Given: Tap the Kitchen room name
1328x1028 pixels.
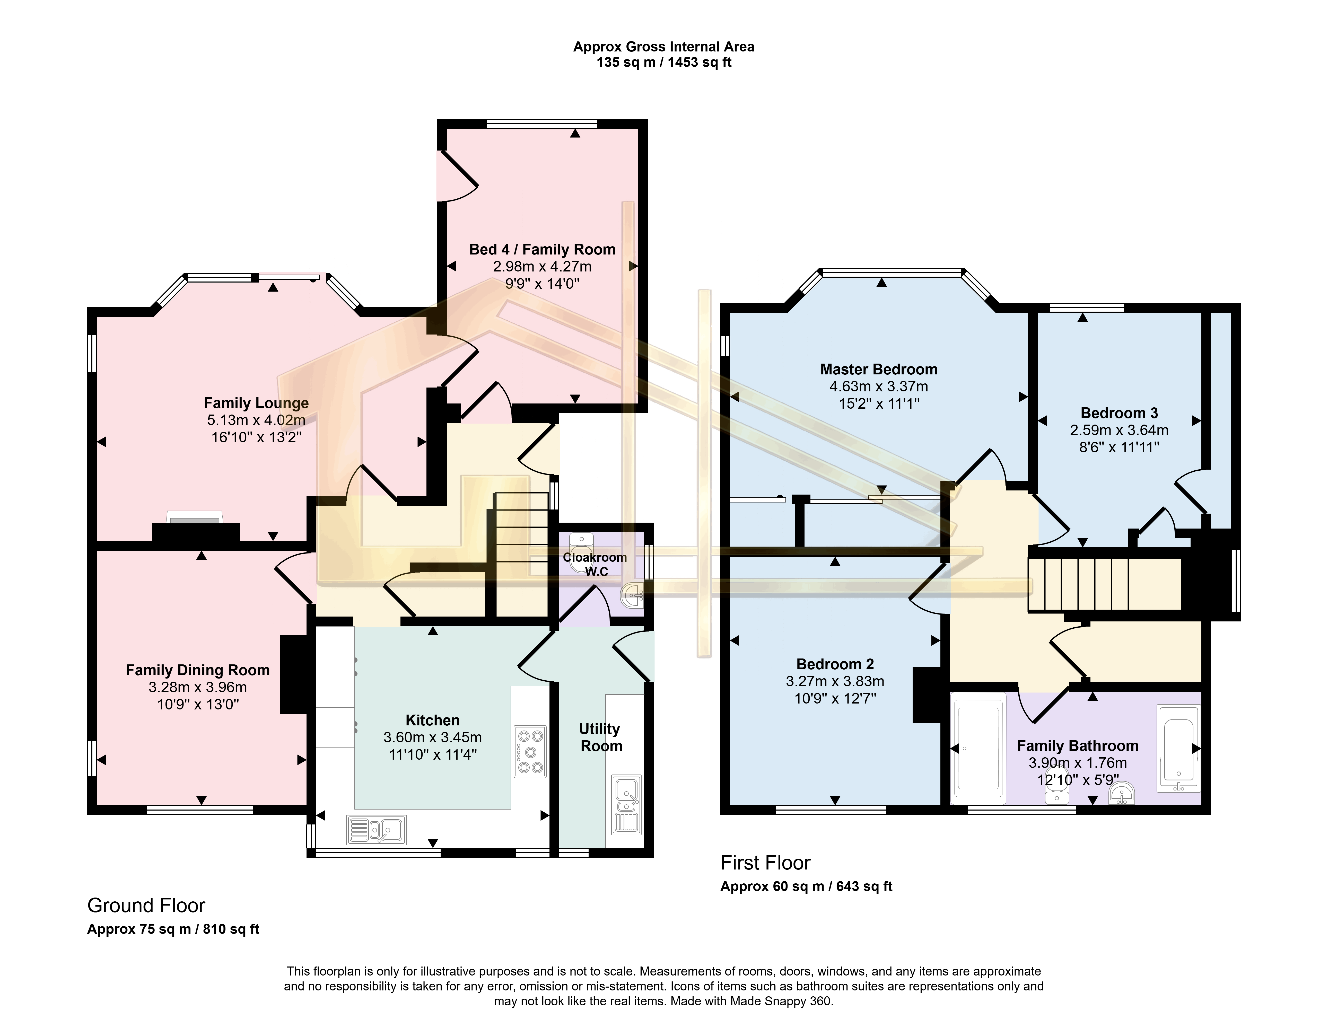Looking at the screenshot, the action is tap(432, 721).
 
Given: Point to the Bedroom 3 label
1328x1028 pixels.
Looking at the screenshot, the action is tap(1119, 414).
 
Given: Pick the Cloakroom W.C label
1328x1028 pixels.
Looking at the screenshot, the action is tap(595, 564).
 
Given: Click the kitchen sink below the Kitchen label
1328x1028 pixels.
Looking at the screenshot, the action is tap(376, 830).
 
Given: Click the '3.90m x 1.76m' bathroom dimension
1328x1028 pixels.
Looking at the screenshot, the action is tap(1078, 763).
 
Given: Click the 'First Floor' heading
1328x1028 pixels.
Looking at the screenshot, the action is tap(766, 863).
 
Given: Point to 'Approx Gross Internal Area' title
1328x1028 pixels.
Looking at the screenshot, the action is tap(663, 47).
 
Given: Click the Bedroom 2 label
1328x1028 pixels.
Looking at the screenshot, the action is tap(835, 664).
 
